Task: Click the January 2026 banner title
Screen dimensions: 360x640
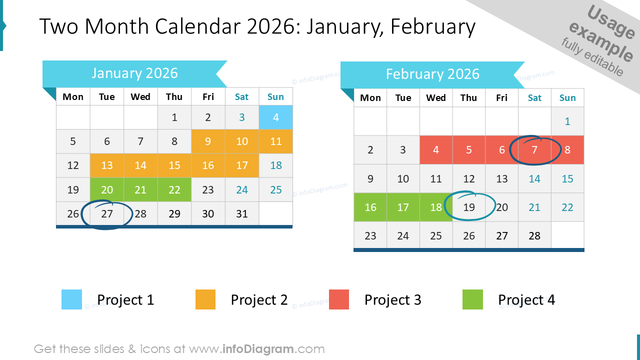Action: pos(134,73)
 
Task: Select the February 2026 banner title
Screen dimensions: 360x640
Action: pos(432,74)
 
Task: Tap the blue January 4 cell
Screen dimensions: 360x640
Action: pos(275,117)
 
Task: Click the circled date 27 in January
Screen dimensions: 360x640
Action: pos(107,214)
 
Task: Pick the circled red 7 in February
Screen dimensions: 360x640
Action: pos(534,149)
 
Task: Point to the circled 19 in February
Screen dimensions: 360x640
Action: pos(469,207)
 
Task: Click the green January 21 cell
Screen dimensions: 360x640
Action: pos(140,190)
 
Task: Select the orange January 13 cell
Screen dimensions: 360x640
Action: pos(107,165)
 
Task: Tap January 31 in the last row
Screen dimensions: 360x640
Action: pos(242,214)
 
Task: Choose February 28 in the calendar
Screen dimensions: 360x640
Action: pos(534,235)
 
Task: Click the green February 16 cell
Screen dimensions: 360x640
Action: pos(370,207)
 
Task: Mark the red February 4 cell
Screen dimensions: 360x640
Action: pos(436,149)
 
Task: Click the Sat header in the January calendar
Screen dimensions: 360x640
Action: pos(242,97)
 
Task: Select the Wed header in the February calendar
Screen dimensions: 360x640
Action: pos(436,98)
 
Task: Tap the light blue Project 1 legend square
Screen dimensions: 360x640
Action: pos(71,299)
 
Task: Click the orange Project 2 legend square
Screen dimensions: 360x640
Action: pos(205,299)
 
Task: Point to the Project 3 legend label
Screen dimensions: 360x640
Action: pos(392,300)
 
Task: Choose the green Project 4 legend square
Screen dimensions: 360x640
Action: pos(472,299)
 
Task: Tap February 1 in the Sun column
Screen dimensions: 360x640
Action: pos(567,121)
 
